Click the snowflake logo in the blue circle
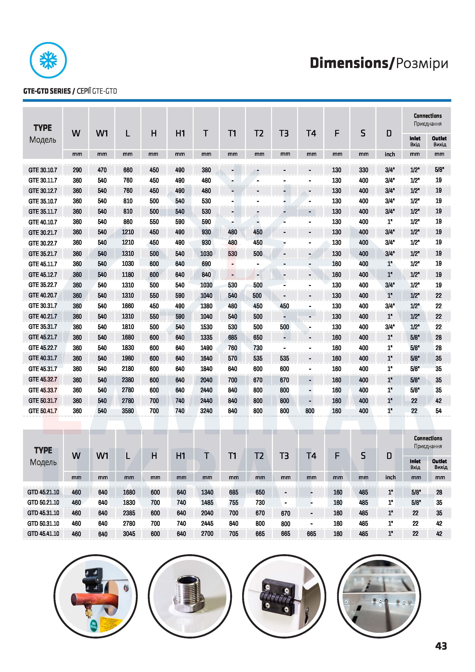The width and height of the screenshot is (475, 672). coord(48,60)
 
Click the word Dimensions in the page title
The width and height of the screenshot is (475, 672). coord(349,63)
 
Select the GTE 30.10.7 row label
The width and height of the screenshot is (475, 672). coord(43,170)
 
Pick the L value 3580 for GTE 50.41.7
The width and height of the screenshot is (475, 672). coord(128,411)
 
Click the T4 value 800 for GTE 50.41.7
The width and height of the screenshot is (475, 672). coord(310,411)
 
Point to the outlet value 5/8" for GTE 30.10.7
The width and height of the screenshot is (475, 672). coord(439,170)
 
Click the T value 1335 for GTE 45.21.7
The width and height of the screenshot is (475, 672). coord(206,338)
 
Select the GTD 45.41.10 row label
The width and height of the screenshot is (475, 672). coord(43,534)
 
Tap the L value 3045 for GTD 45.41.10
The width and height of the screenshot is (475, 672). coord(129,534)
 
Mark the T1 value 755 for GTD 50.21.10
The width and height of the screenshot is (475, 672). coord(234,502)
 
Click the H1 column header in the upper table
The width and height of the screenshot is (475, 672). coord(180,133)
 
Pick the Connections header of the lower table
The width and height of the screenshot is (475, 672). coord(428,438)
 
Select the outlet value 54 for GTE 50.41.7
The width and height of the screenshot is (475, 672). coord(438,411)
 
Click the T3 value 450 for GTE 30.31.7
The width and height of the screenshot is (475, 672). coord(284,306)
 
